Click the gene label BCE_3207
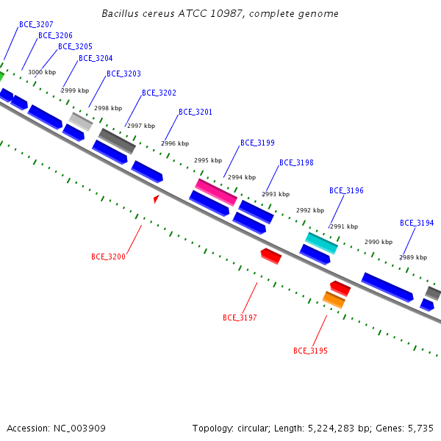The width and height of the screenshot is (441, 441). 36,25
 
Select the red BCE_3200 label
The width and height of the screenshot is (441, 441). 108,257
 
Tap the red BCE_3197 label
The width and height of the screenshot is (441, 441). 240,318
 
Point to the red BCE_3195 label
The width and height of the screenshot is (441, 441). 310,351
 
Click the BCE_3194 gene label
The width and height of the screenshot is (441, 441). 417,223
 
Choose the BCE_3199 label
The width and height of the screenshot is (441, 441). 257,143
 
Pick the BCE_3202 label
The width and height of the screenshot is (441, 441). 159,93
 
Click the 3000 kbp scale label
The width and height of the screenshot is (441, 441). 42,72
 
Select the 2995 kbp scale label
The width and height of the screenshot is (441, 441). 208,160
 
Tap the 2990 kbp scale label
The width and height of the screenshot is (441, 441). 379,242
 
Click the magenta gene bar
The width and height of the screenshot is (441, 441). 216,193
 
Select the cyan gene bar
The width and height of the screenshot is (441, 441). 321,243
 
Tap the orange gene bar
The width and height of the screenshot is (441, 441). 334,300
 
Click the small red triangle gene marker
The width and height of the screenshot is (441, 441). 156,198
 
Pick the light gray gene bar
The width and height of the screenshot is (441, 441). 81,122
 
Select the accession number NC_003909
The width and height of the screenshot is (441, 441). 79,429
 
